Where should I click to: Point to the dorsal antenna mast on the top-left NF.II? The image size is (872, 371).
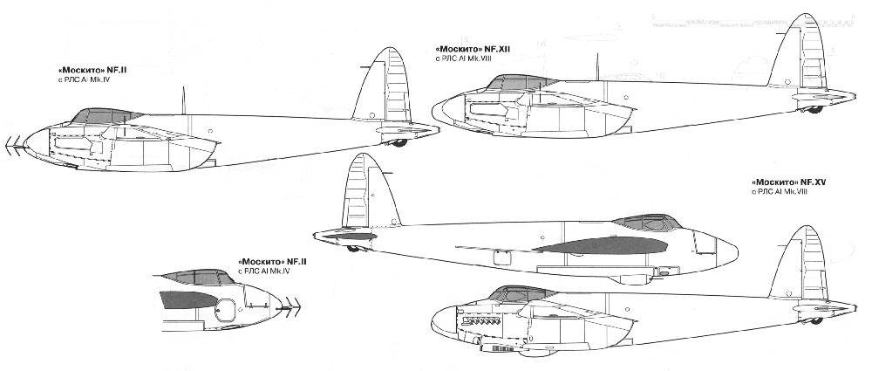[x=182, y=99]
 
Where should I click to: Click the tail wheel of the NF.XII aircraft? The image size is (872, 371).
[x=815, y=109]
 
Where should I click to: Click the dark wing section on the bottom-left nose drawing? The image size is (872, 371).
[x=186, y=299]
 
